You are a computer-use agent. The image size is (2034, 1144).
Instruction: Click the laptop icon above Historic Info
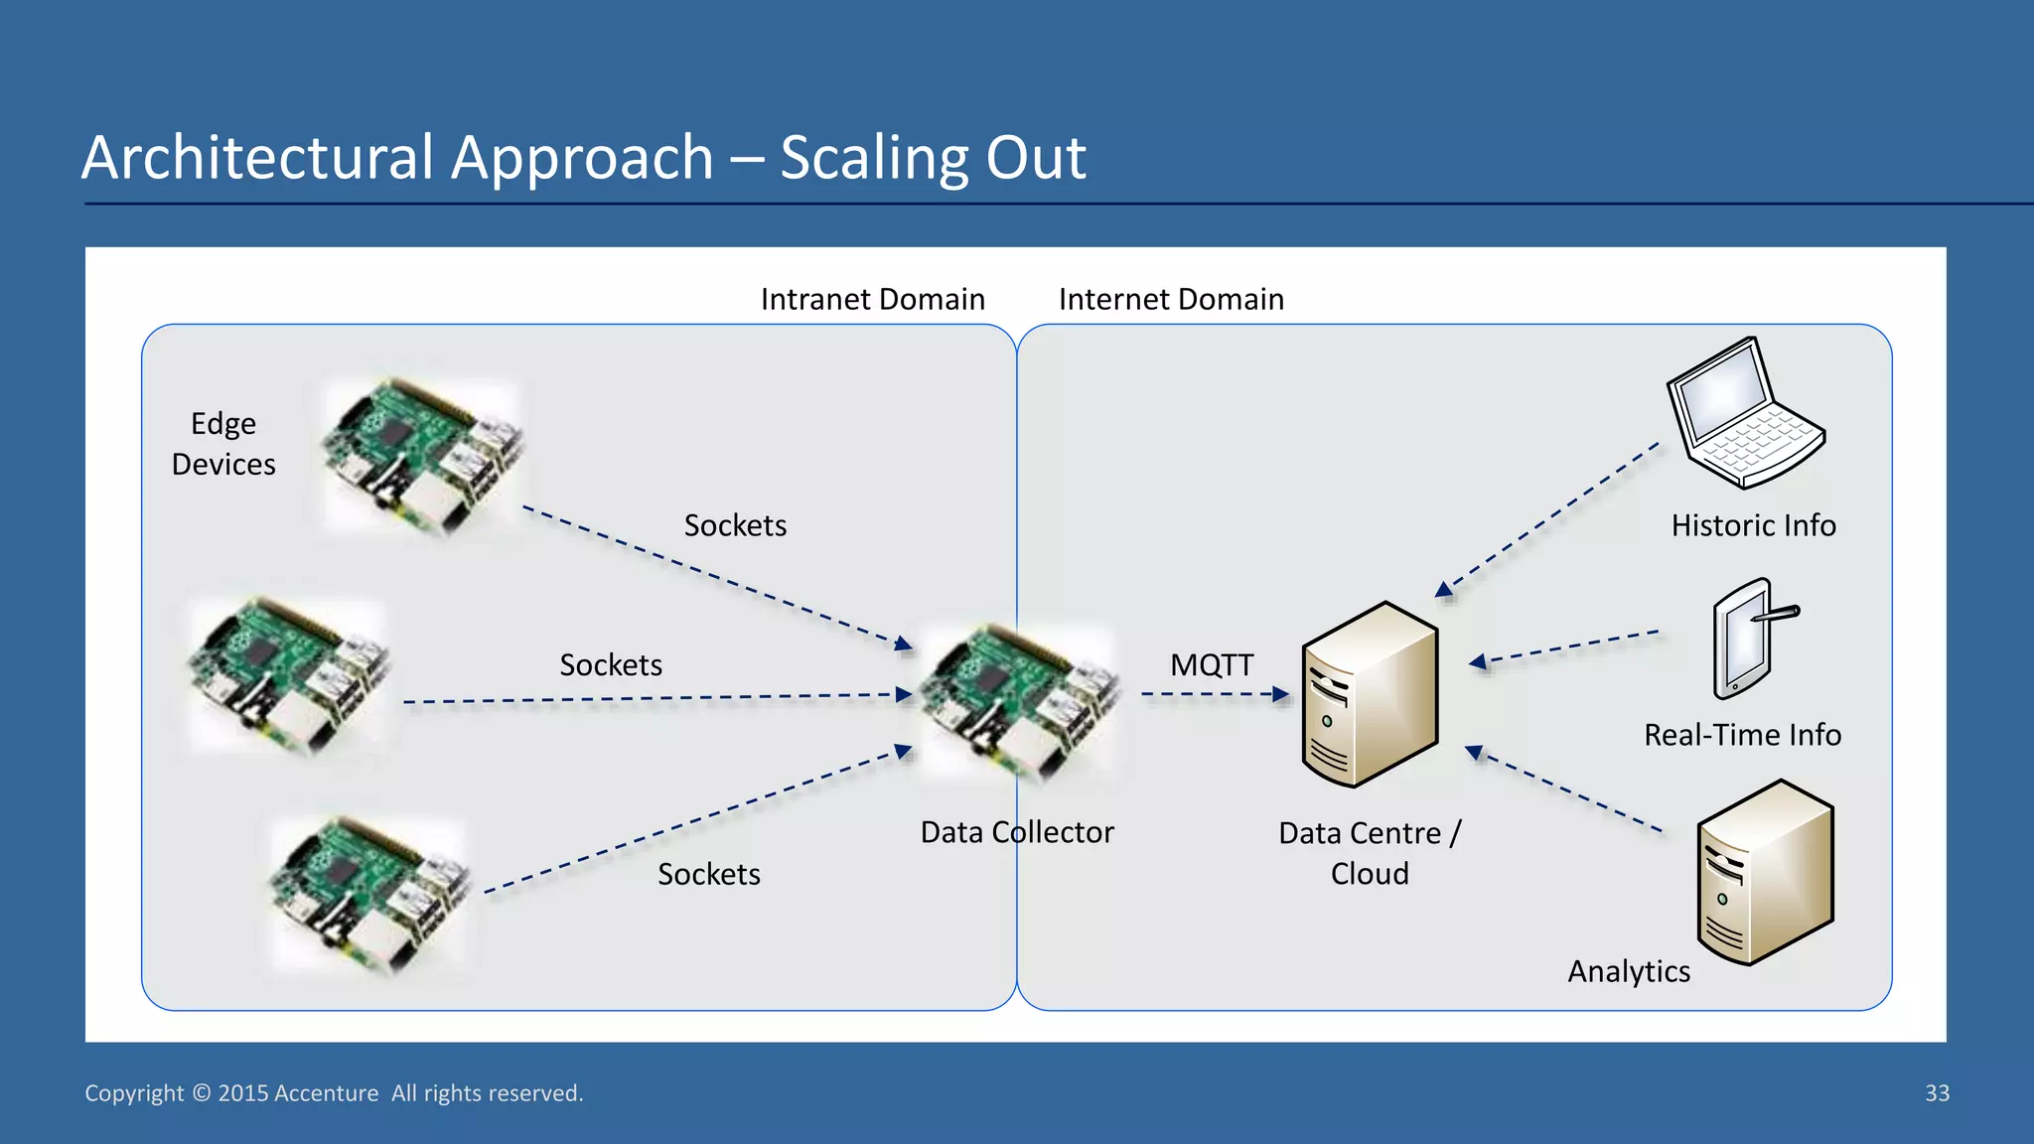1747,413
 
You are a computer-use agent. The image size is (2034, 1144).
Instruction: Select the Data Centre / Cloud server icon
1371,694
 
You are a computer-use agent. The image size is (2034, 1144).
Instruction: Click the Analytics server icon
1766,872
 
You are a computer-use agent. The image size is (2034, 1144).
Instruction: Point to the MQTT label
1212,664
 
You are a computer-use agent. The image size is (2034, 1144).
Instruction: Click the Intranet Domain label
873,299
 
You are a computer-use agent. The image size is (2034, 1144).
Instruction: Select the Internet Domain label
1172,299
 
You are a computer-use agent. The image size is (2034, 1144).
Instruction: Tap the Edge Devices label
223,444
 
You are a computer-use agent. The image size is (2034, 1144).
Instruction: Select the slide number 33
1938,1093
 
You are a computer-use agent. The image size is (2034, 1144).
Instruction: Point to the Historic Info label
1754,525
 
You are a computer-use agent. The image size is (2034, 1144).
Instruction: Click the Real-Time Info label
1743,735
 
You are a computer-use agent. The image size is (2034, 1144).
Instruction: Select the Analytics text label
1629,971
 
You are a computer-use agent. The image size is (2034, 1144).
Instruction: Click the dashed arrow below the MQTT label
1216,694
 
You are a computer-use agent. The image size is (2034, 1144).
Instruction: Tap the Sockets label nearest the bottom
709,874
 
